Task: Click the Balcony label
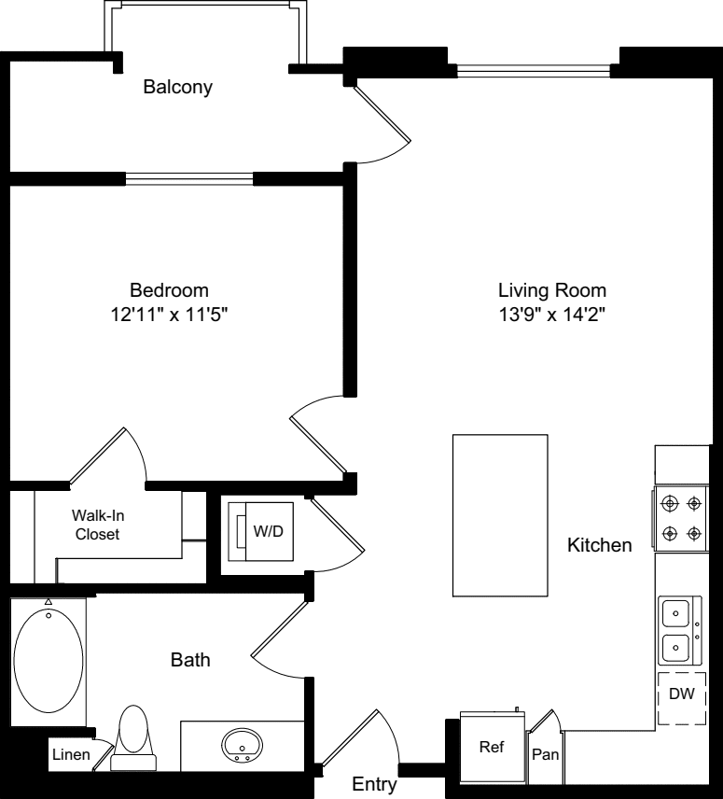pos(177,88)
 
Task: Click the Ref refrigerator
pos(492,747)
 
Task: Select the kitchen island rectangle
pos(499,514)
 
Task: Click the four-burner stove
pos(681,520)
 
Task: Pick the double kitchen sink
pos(675,629)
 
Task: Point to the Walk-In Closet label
pos(96,525)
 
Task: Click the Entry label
pos(374,785)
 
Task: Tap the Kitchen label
pos(600,545)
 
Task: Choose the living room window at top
pos(537,70)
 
